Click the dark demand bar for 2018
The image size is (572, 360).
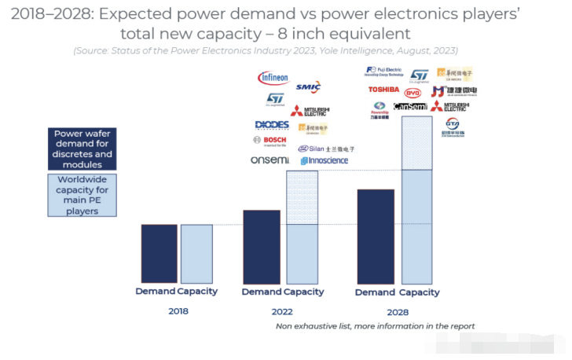click(x=159, y=254)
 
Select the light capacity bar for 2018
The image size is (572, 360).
click(x=196, y=254)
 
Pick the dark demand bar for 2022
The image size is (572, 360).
click(x=262, y=247)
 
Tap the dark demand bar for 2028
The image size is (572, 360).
click(x=376, y=237)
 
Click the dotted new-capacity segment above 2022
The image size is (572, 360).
click(x=302, y=197)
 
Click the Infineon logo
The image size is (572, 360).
click(x=273, y=79)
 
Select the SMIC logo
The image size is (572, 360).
click(x=308, y=86)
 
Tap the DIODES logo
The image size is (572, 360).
click(x=272, y=124)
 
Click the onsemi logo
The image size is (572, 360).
click(x=269, y=160)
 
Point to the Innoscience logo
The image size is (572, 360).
click(x=324, y=161)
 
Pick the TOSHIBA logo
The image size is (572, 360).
click(x=383, y=90)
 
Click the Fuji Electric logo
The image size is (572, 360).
click(x=384, y=72)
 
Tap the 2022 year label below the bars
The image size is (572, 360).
click(x=281, y=311)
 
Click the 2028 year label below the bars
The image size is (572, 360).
click(x=397, y=311)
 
